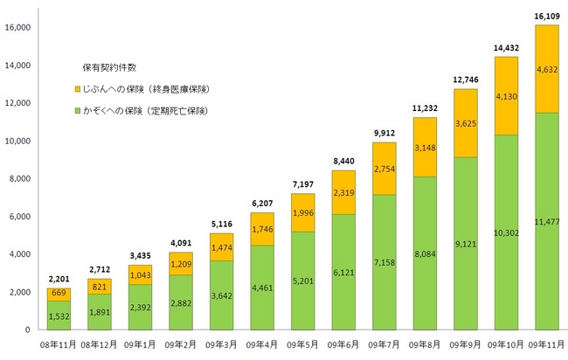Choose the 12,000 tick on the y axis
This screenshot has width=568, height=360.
(19, 103)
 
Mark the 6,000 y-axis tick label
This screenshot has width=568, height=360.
(22, 217)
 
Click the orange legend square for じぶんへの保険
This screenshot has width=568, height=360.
(78, 89)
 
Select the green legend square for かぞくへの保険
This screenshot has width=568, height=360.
(78, 111)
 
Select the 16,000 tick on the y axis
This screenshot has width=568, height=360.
(19, 28)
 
